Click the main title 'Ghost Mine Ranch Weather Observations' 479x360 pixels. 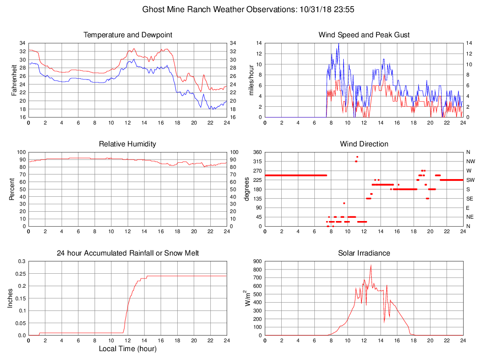click(x=251, y=9)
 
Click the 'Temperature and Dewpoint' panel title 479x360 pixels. click(x=128, y=35)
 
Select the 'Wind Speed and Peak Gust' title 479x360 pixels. click(x=364, y=35)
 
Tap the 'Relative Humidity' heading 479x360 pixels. click(x=128, y=144)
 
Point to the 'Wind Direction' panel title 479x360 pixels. click(x=364, y=144)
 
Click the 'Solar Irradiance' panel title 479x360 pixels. click(x=364, y=253)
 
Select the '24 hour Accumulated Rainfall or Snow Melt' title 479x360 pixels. click(x=128, y=253)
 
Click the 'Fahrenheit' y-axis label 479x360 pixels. click(x=14, y=80)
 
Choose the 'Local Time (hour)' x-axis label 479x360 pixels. click(x=128, y=349)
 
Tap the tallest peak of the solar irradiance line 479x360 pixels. click(x=371, y=265)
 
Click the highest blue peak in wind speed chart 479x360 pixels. click(x=339, y=43)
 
